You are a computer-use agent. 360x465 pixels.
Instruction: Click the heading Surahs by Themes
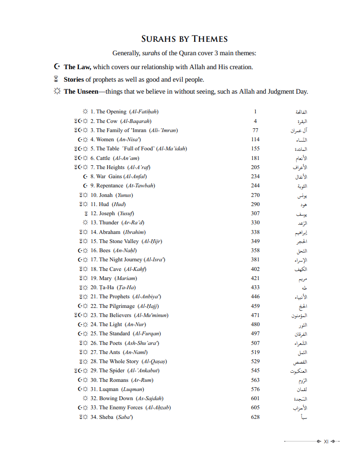[184, 39]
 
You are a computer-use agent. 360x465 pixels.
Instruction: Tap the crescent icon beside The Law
[57, 67]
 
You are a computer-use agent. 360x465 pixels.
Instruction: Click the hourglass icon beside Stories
[57, 79]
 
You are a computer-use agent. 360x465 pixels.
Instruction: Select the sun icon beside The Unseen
[57, 91]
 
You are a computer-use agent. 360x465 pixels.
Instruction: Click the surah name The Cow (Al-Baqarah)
[124, 121]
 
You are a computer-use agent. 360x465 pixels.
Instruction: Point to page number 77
[255, 130]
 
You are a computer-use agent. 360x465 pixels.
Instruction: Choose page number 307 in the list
[255, 213]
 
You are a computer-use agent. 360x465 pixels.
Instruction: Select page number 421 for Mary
[255, 278]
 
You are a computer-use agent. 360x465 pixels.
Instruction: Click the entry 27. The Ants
[115, 352]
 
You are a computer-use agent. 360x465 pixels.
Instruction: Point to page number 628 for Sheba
[255, 417]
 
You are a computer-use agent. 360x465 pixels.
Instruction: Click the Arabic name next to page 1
[301, 112]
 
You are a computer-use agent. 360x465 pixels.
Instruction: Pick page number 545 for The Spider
[255, 370]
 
